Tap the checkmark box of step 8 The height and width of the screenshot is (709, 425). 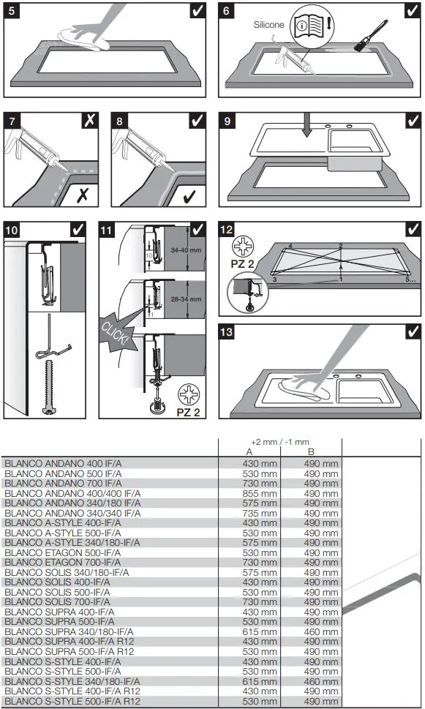197,121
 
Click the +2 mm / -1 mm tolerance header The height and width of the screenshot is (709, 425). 279,442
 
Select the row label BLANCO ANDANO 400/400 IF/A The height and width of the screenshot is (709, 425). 73,494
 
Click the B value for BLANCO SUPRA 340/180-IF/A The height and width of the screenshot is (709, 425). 322,631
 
